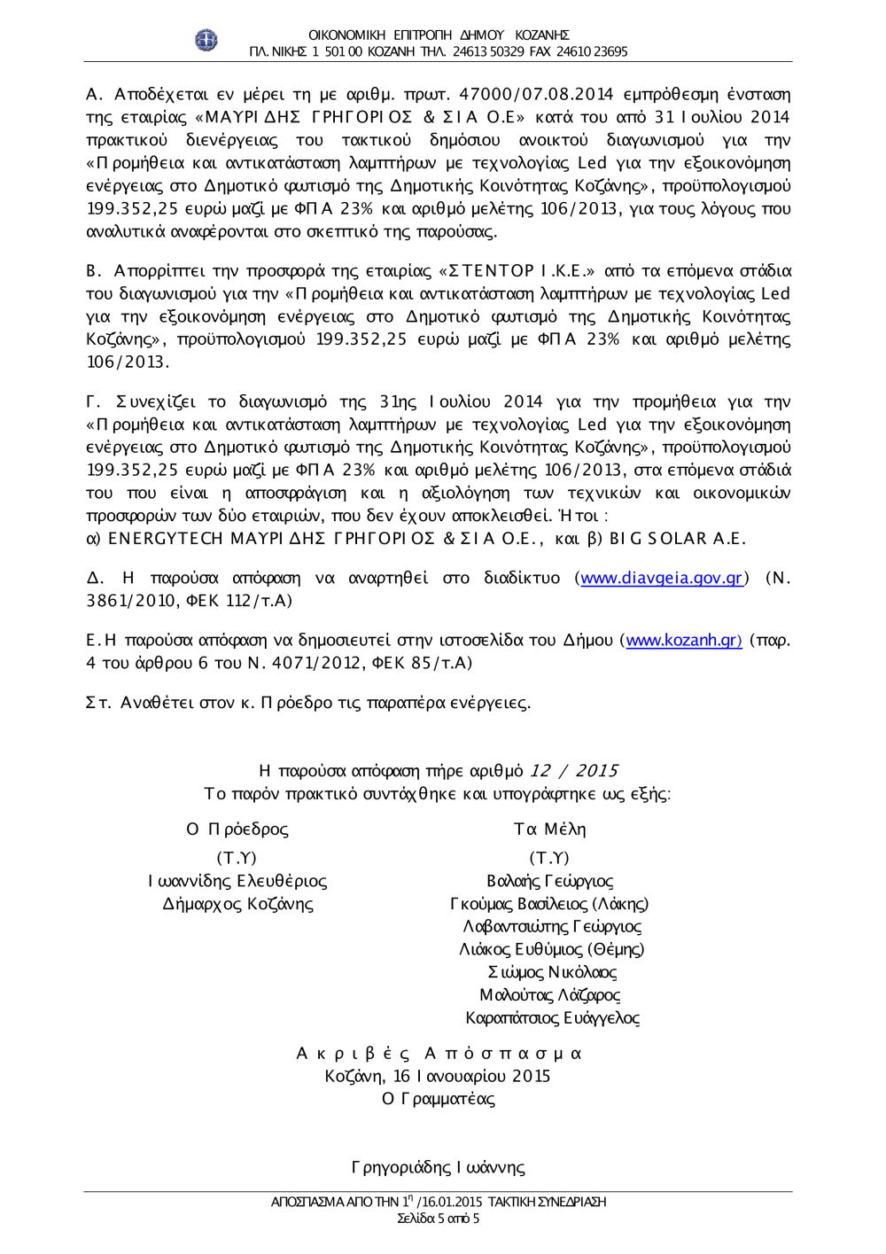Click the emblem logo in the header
(206, 40)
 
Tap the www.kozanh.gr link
(684, 641)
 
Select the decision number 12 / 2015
(573, 771)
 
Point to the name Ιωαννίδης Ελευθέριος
(237, 882)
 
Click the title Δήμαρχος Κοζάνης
(237, 905)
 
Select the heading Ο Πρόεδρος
(237, 830)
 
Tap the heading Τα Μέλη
(549, 830)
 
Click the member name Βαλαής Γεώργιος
(549, 882)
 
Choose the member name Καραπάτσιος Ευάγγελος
(552, 1018)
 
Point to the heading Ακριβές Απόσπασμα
(439, 1054)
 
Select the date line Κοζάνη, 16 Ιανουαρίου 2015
(438, 1077)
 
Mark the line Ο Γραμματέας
(438, 1100)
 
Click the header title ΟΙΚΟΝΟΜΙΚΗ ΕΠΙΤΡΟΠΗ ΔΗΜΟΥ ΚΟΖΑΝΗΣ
(439, 35)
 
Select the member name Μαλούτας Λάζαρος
(549, 995)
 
